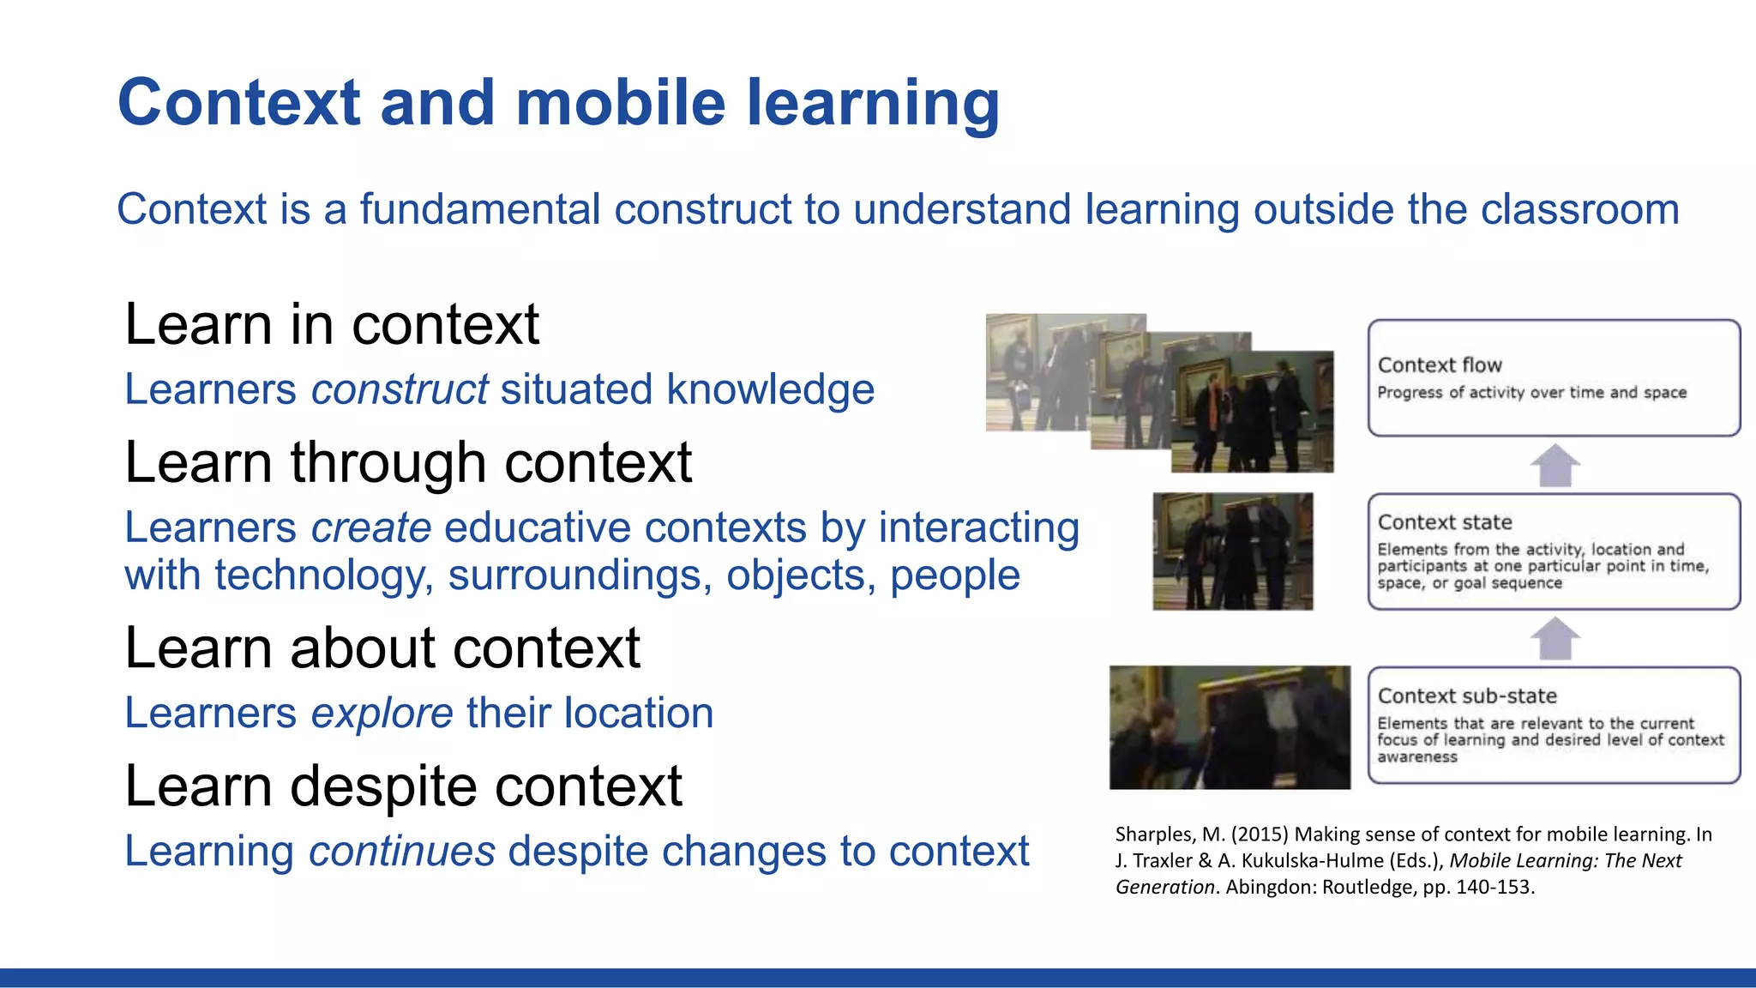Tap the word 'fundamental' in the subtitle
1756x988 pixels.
pyautogui.click(x=479, y=209)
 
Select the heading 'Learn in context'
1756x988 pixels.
pyautogui.click(x=332, y=325)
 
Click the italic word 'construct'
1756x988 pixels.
pyautogui.click(x=400, y=389)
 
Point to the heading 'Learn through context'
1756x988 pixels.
pyautogui.click(x=408, y=463)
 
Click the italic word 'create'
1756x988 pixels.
pyautogui.click(x=370, y=527)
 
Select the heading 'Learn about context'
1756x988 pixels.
pyautogui.click(x=382, y=648)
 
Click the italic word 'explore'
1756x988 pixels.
pyautogui.click(x=382, y=713)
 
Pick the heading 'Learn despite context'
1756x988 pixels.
pyautogui.click(x=403, y=786)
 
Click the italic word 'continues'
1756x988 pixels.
pyautogui.click(x=401, y=851)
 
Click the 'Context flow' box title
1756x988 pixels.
pyautogui.click(x=1440, y=365)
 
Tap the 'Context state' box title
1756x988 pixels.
pyautogui.click(x=1445, y=522)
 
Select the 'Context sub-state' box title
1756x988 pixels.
pyautogui.click(x=1467, y=696)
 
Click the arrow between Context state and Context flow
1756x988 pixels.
pyautogui.click(x=1555, y=466)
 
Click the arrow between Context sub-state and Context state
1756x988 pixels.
pyautogui.click(x=1555, y=639)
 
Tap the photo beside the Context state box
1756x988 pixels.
pyautogui.click(x=1232, y=551)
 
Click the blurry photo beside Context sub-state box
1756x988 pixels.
pyautogui.click(x=1230, y=727)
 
